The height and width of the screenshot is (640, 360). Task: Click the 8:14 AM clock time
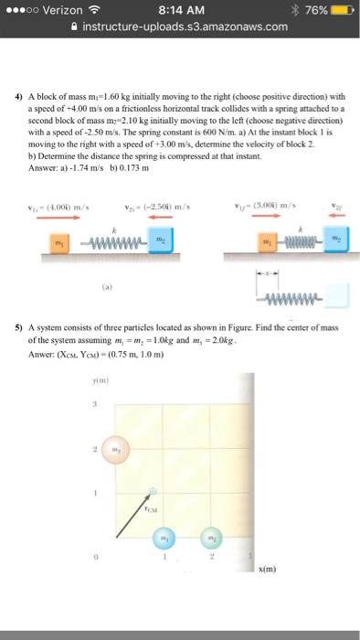(178, 10)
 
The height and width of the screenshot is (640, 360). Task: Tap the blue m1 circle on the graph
(164, 539)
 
